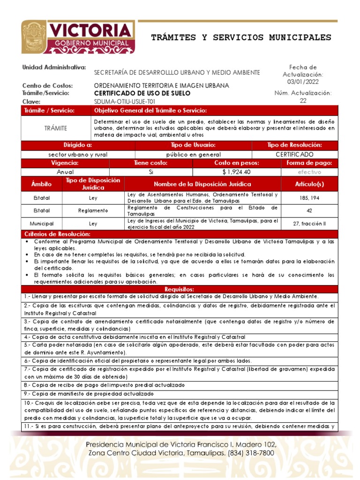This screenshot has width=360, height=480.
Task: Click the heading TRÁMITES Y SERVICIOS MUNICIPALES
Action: (x=241, y=37)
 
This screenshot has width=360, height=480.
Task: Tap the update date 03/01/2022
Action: (x=303, y=82)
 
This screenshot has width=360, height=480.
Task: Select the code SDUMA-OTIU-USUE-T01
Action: (x=125, y=101)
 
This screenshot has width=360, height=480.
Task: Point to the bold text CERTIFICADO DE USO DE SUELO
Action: (x=142, y=93)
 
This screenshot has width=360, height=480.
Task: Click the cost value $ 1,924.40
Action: (x=236, y=172)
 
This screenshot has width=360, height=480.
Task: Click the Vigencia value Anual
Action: (x=65, y=172)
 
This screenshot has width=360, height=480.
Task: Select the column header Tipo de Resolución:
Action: (x=294, y=145)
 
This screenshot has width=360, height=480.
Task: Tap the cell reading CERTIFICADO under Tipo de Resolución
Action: (x=294, y=154)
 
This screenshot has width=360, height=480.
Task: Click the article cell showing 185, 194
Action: (x=309, y=198)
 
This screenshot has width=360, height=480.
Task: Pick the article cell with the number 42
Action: (x=309, y=210)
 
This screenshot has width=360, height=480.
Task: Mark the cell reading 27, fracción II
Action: (x=309, y=224)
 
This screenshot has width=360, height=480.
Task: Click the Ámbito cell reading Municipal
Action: (x=42, y=224)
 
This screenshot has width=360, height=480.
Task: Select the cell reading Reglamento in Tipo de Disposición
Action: (x=93, y=210)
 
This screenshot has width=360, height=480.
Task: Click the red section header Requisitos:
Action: (x=180, y=289)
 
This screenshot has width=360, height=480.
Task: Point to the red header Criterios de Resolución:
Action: (x=57, y=234)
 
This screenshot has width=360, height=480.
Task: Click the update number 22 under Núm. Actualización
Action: (x=303, y=100)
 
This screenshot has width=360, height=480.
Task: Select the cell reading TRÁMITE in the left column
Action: (x=56, y=128)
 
